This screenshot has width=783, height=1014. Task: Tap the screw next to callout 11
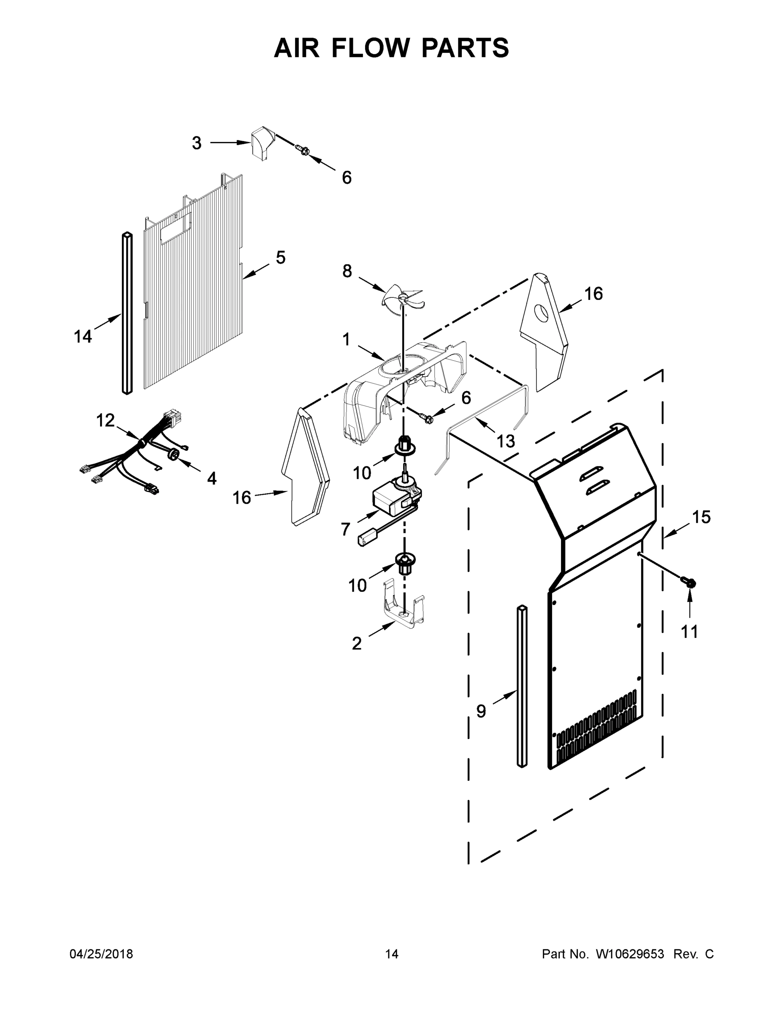point(689,582)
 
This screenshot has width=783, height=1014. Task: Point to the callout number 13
point(505,441)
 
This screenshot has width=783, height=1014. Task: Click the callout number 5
point(280,258)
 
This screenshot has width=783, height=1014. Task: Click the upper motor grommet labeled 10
point(404,447)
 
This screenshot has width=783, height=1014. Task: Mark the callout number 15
point(702,517)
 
